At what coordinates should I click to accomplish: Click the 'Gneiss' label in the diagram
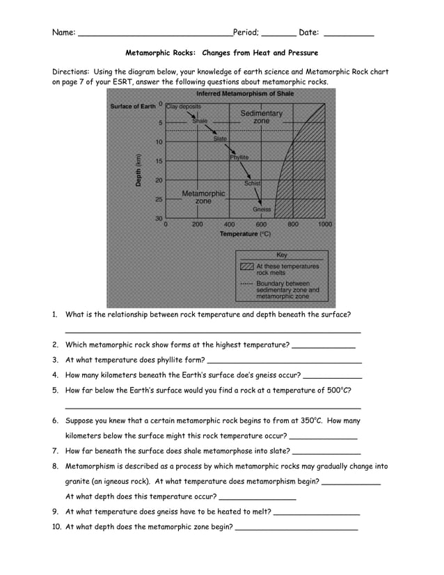(262, 209)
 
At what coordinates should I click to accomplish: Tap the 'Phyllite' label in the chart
(239, 157)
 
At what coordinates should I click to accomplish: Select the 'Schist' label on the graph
(252, 183)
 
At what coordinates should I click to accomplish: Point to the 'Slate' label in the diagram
(220, 139)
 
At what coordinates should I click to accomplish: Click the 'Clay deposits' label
(184, 107)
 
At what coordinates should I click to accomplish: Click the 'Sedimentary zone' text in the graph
(261, 117)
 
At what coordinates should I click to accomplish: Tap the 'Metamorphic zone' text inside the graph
(203, 197)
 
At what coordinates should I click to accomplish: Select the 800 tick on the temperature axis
(293, 225)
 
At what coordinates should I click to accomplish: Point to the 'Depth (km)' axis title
(138, 169)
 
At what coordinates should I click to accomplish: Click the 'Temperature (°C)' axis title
(245, 235)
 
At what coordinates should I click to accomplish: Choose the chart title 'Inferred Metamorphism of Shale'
(245, 94)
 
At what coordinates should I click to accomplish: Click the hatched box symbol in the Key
(246, 267)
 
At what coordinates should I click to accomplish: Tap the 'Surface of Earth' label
(133, 107)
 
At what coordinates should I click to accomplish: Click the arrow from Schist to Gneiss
(259, 196)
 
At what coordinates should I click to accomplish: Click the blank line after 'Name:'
(155, 34)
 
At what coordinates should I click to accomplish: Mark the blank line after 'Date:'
(349, 34)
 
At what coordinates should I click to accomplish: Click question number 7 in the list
(55, 451)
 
